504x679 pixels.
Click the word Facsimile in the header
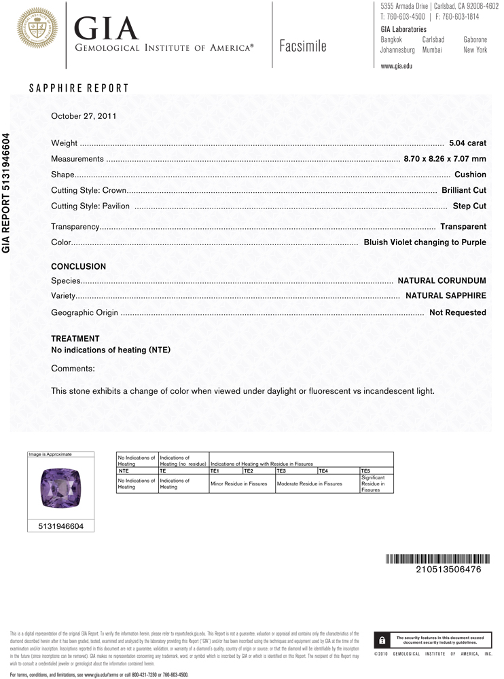303,46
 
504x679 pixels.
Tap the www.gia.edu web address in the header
397,66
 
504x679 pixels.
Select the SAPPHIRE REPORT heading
78,88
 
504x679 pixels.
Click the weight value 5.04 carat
467,143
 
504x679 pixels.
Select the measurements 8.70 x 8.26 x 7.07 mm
444,159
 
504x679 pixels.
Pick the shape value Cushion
470,175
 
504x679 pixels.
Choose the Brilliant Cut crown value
463,190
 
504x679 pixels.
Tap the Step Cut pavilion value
469,206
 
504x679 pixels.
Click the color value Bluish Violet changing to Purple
425,242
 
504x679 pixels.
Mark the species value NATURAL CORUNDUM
442,280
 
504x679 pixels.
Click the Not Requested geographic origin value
457,312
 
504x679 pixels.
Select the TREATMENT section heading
75,338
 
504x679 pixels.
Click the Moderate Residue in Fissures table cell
309,483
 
